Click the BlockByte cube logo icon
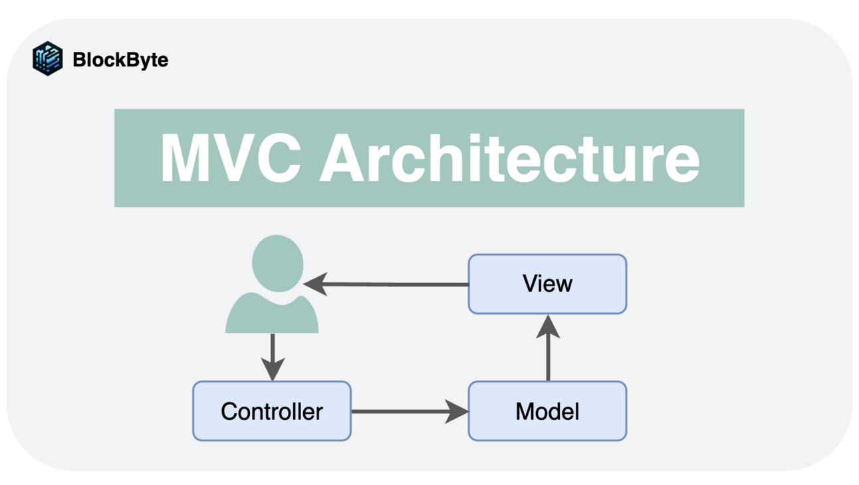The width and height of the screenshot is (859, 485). pos(47,58)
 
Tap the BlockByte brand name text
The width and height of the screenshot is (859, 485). pos(120,60)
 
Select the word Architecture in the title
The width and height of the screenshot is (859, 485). pos(510,159)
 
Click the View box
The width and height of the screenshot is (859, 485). pos(547,284)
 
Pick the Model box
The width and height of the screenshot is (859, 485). pos(547,411)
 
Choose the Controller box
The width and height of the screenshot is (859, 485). pos(271,411)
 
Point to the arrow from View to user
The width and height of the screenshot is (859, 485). pos(392,284)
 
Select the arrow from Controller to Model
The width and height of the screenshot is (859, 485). pos(406,411)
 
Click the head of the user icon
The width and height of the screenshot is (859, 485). pos(277,263)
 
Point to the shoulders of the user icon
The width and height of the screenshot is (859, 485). pos(272,317)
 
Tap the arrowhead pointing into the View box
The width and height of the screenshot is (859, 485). pos(548,326)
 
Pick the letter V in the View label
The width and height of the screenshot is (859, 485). pos(529,284)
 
